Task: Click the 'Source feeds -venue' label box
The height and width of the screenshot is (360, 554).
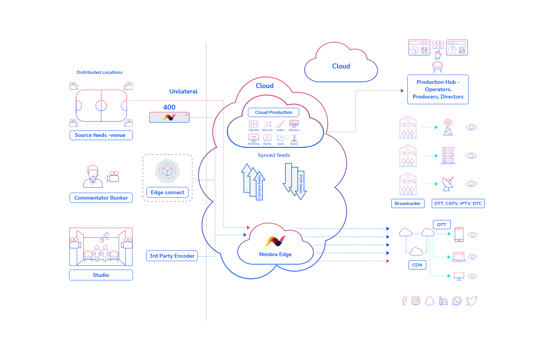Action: point(101,135)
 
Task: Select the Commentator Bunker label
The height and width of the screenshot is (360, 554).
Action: point(101,198)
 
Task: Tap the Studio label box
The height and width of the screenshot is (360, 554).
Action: point(101,275)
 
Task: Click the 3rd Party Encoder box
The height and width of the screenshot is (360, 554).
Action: point(172,256)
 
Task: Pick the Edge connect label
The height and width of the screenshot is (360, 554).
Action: point(167,192)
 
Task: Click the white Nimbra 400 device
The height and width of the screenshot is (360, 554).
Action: point(169,117)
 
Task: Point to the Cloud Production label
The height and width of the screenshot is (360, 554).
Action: point(274,112)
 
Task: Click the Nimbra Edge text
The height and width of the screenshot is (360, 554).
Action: point(275,254)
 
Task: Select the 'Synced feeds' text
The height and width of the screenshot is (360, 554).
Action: point(274,155)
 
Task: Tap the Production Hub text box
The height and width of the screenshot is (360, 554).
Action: point(438,89)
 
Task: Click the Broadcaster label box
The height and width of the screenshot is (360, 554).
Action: point(408,203)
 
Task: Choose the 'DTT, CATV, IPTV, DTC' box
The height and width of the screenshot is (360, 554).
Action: point(458,203)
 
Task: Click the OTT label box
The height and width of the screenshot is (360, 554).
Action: point(442,225)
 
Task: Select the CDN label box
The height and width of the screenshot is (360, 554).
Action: point(417,265)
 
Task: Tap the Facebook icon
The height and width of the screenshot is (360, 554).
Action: point(404,301)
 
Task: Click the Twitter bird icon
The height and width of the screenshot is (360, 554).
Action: point(472,301)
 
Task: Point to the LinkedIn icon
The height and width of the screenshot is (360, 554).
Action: point(443,301)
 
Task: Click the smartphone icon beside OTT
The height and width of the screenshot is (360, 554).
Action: point(459,234)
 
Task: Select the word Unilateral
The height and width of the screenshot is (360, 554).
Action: point(184,92)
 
